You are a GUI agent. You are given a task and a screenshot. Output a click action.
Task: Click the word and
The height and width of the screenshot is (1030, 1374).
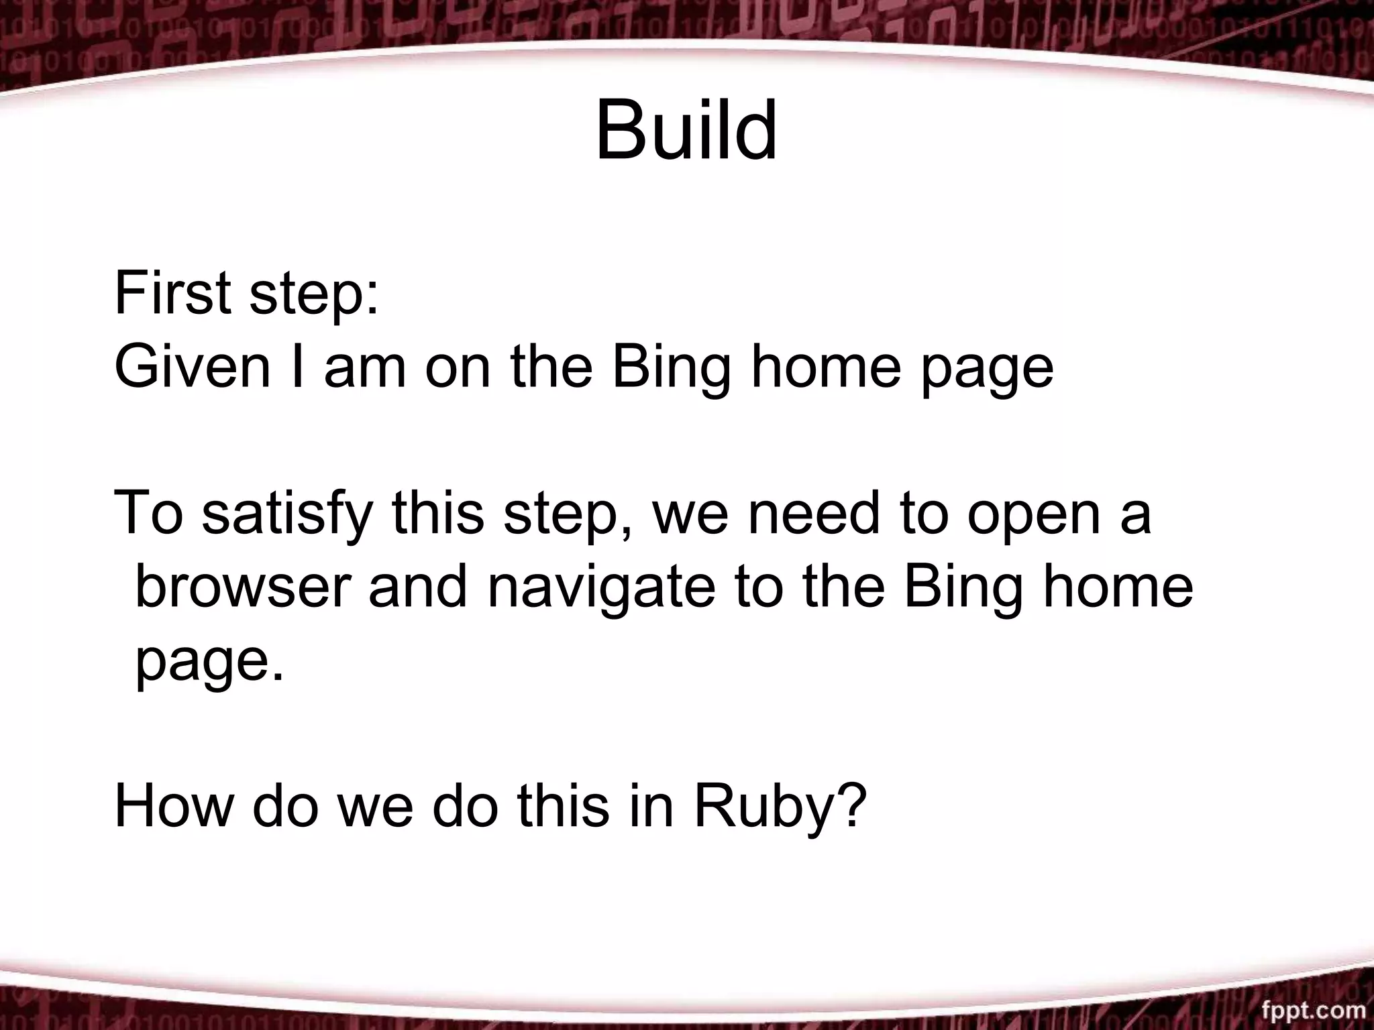[417, 587]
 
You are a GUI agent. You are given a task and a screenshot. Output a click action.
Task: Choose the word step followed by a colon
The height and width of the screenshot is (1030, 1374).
[307, 295]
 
